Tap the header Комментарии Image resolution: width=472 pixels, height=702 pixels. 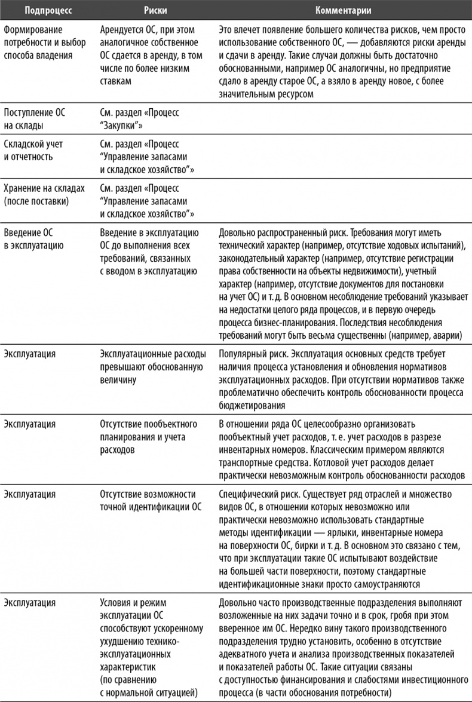tap(341, 10)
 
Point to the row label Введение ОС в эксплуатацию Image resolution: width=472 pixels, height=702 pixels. tap(35, 238)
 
